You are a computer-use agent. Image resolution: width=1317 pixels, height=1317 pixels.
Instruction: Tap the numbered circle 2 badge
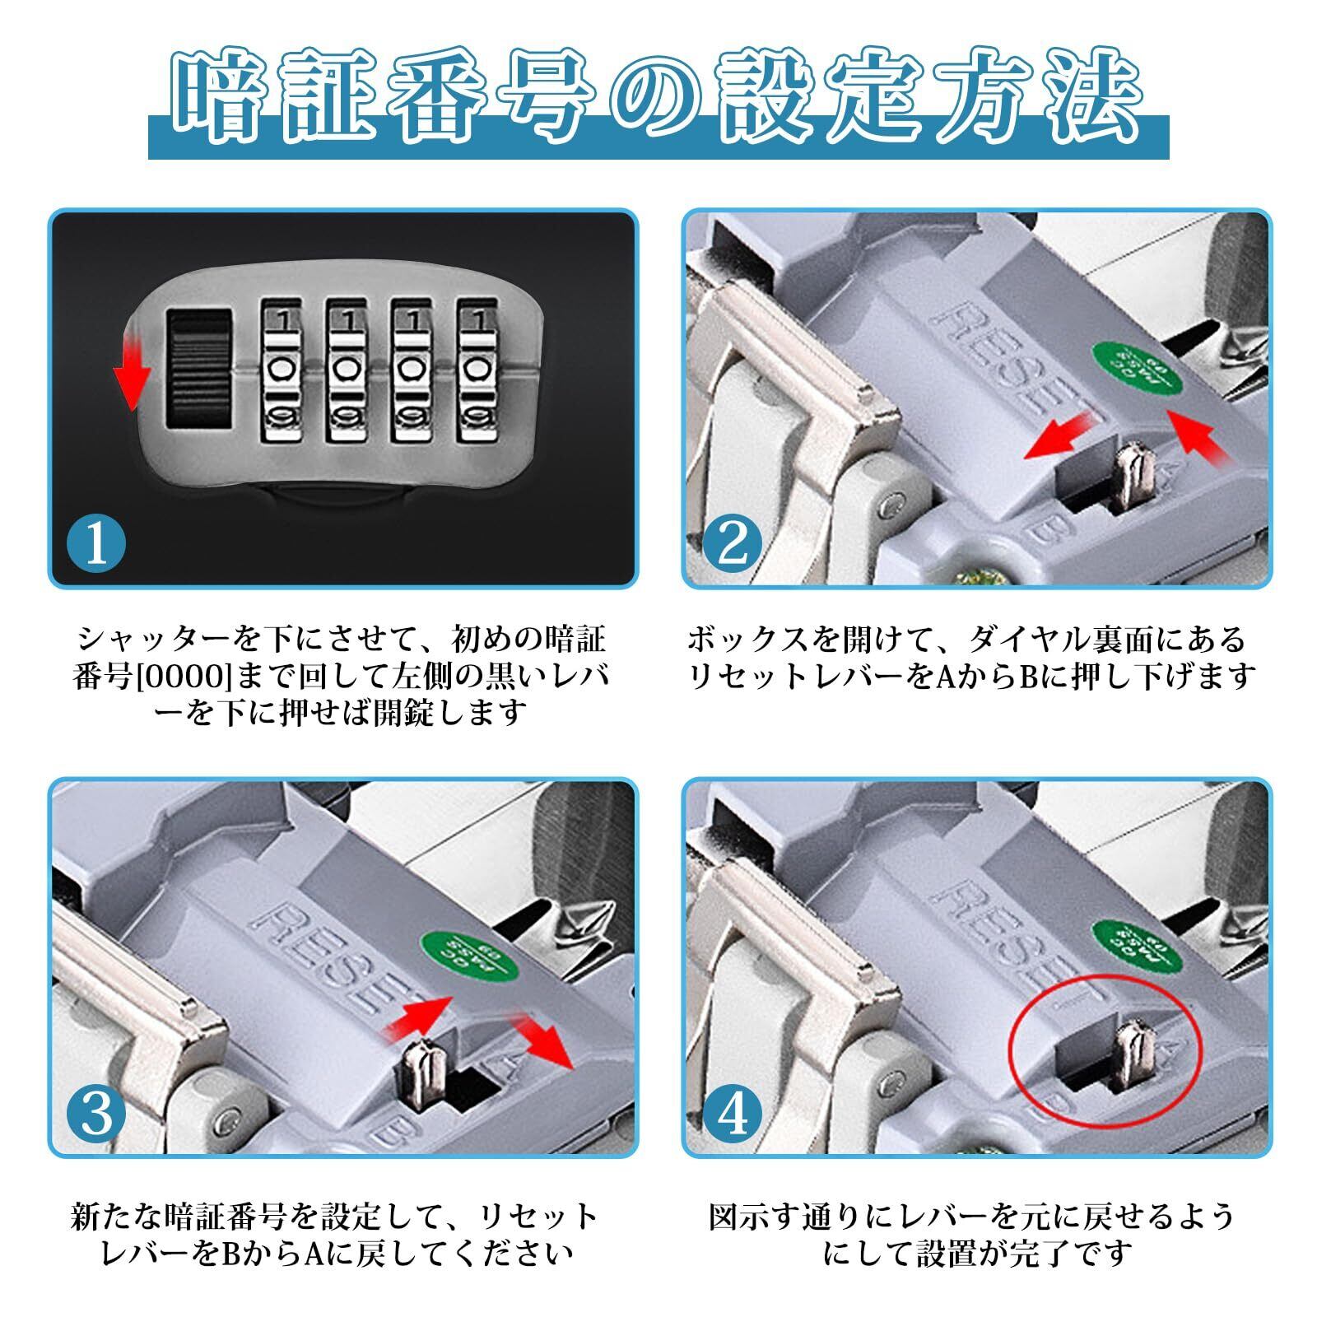click(x=733, y=542)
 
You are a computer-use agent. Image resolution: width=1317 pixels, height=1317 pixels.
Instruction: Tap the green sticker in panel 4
click(x=1134, y=941)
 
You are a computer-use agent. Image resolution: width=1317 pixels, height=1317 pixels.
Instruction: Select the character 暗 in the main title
click(x=226, y=97)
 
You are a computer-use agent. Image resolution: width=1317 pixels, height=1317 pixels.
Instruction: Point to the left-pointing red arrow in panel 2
click(x=1062, y=435)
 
